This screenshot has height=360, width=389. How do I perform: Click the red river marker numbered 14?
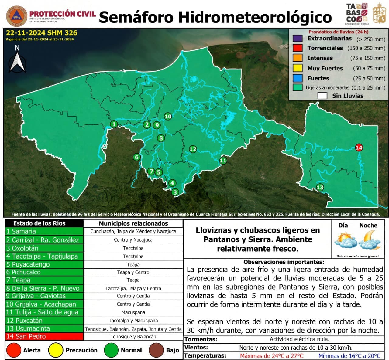pos(359,148)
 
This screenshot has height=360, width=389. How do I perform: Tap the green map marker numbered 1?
pos(114,124)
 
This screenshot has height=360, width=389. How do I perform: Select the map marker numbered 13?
pos(320,187)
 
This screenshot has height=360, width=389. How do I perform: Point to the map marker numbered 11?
pos(223,161)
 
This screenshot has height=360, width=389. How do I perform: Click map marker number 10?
pos(168,116)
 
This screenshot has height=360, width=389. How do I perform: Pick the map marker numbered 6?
pos(136,157)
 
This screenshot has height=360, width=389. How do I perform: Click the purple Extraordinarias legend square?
pos(298,39)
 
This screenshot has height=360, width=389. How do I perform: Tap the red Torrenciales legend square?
pos(298,48)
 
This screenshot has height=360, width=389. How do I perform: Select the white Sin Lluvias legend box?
pos(322,96)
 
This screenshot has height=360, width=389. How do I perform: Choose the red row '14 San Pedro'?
pos(44,336)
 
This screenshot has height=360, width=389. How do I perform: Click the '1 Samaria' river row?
pos(44,231)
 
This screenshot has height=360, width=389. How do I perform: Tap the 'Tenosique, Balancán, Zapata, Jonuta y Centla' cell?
pos(133,329)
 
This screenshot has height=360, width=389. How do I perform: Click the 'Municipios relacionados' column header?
pos(133,223)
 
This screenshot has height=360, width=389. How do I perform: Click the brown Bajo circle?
pos(157,350)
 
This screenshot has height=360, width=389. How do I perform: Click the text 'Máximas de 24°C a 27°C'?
pos(271,356)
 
